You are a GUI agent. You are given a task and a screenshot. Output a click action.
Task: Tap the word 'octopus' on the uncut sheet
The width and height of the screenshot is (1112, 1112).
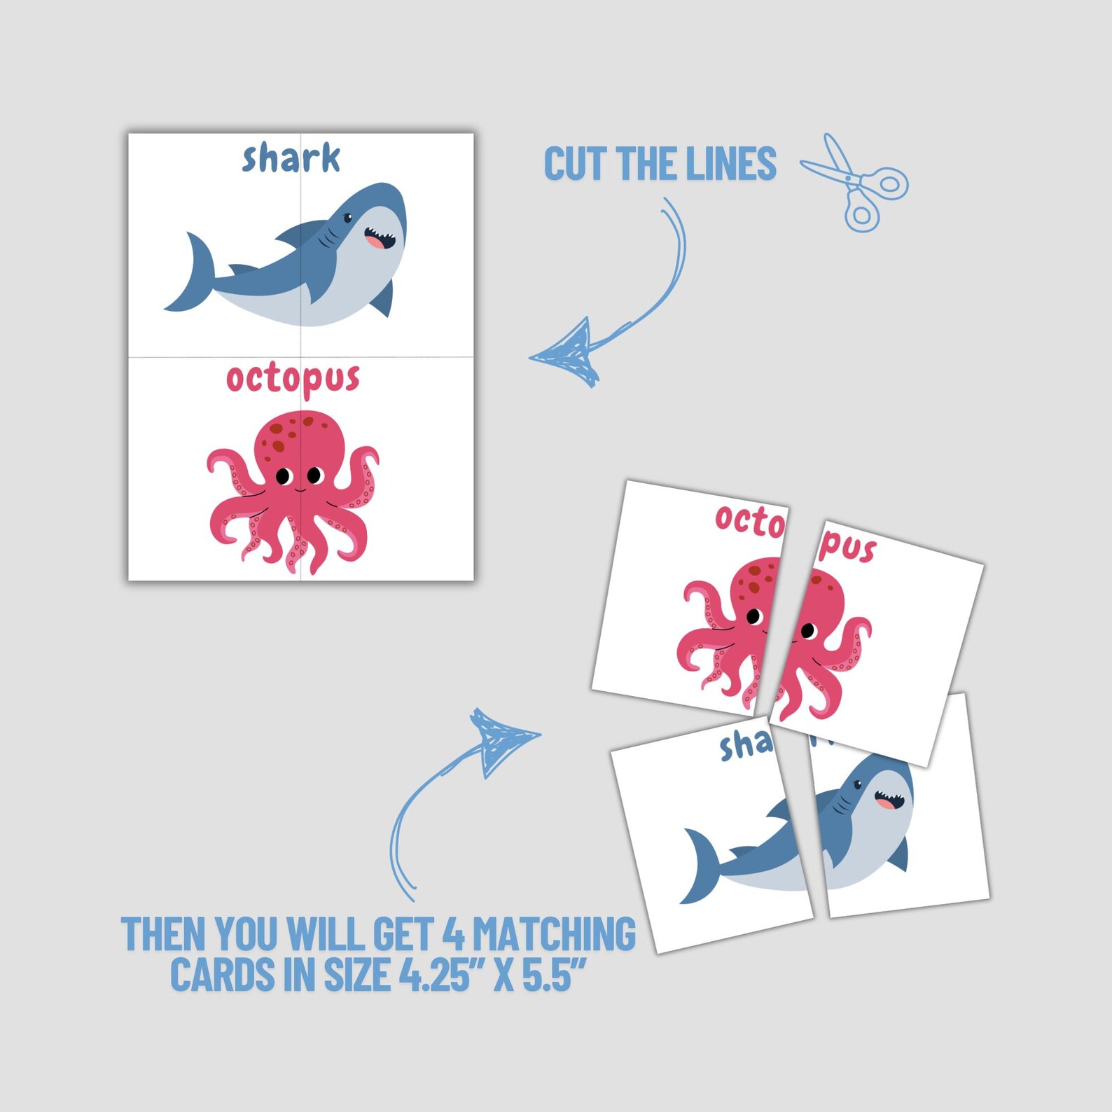tap(293, 379)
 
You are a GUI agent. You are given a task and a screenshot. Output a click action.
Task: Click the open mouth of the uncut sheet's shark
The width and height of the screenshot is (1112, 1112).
tap(379, 239)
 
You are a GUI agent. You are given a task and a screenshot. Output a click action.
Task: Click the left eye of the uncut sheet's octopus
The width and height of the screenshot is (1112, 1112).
tap(284, 476)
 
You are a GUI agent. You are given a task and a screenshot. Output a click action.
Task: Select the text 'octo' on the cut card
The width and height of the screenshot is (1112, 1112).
tap(749, 521)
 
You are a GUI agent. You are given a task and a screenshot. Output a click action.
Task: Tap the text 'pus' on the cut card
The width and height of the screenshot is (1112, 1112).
tap(848, 547)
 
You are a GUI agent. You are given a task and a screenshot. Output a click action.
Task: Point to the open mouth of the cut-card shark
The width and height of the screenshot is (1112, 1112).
tap(887, 800)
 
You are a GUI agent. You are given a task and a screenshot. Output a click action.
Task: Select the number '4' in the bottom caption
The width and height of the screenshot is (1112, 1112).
tap(454, 934)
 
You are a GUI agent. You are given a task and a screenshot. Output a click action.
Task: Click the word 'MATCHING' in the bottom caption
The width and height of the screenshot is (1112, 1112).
tap(554, 934)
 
